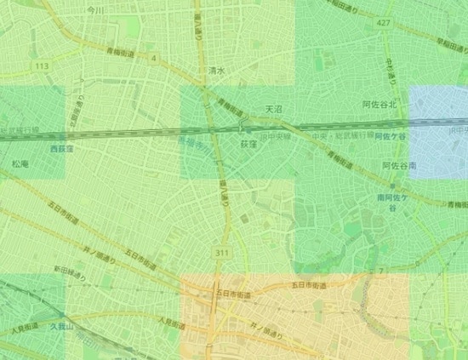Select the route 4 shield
click(155, 59)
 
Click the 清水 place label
click(215, 71)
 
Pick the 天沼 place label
click(273, 109)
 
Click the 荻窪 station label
click(248, 145)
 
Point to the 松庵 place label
click(20, 162)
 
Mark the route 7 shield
click(381, 271)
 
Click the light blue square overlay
click(439, 132)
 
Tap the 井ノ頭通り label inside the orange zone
click(266, 326)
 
